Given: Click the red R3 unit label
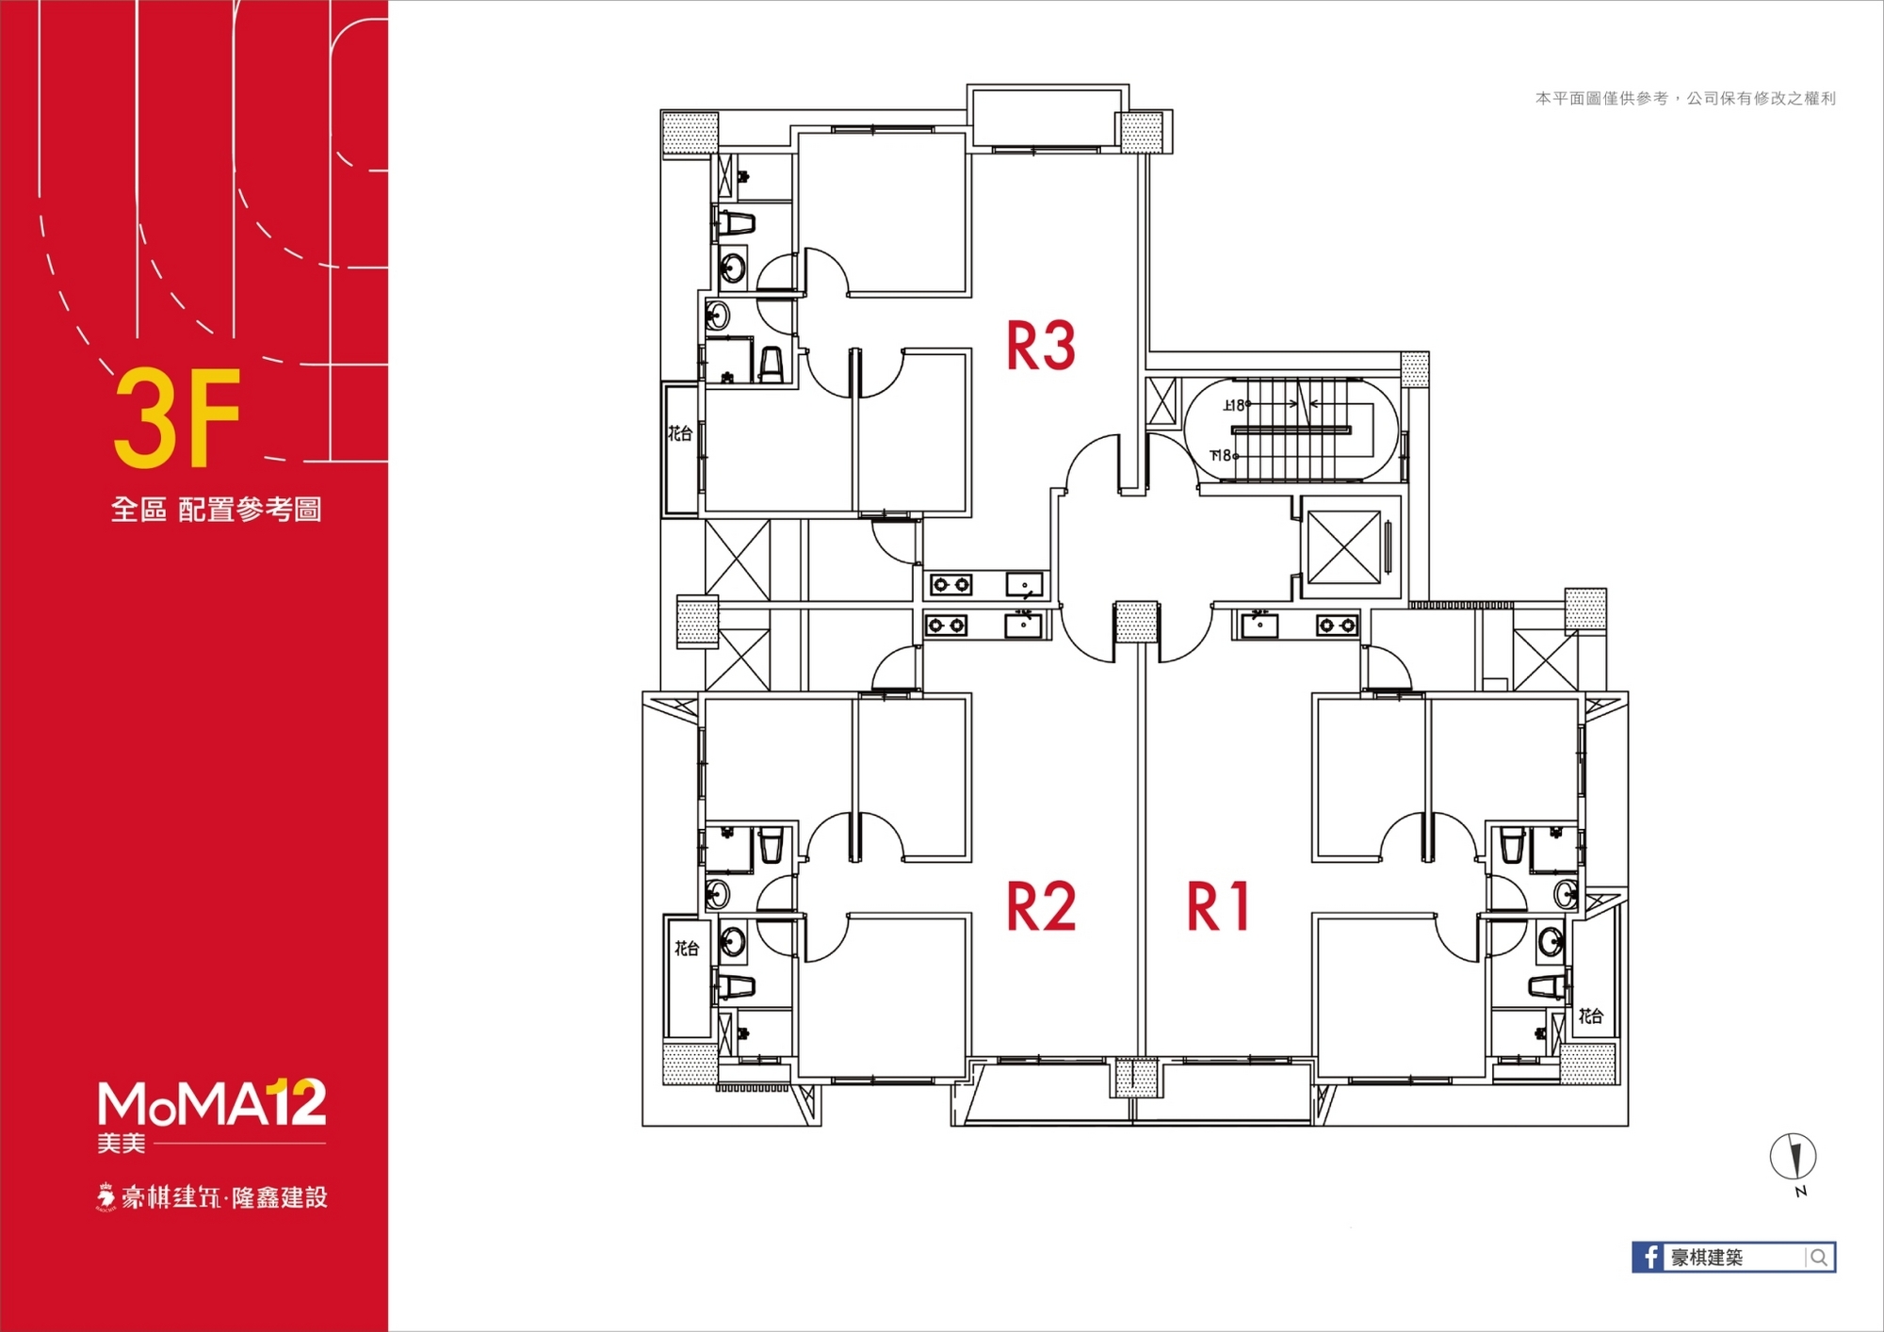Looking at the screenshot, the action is pyautogui.click(x=1041, y=346).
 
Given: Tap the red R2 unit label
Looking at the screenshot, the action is pyautogui.click(x=1041, y=906).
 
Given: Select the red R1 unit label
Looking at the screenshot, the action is pyautogui.click(x=1218, y=906).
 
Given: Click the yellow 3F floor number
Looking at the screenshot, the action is pyautogui.click(x=177, y=418).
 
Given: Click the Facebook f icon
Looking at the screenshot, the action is pyautogui.click(x=1648, y=1257).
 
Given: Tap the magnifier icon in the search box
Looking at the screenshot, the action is pyautogui.click(x=1819, y=1258).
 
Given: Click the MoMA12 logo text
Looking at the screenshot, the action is pyautogui.click(x=212, y=1103).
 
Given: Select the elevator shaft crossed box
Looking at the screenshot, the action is pyautogui.click(x=1344, y=547).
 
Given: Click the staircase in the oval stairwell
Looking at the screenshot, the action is pyautogui.click(x=1291, y=430).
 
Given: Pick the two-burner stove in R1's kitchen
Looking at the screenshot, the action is pyautogui.click(x=1337, y=625).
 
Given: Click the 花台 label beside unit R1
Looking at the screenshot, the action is pyautogui.click(x=1591, y=1015).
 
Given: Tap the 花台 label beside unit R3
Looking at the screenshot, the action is pyautogui.click(x=680, y=433).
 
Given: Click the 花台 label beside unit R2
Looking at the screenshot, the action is pyautogui.click(x=687, y=949).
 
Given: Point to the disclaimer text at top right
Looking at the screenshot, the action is pyautogui.click(x=1685, y=98).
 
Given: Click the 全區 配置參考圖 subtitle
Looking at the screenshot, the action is pyautogui.click(x=217, y=510).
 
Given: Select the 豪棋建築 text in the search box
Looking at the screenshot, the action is pyautogui.click(x=1707, y=1258).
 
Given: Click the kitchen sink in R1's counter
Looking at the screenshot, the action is pyautogui.click(x=1259, y=625).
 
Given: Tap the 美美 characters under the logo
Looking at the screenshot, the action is pyautogui.click(x=122, y=1144).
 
